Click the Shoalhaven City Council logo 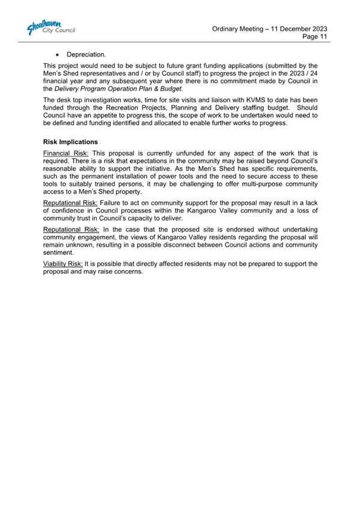[49, 27]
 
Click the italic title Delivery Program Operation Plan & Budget [113, 89]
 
